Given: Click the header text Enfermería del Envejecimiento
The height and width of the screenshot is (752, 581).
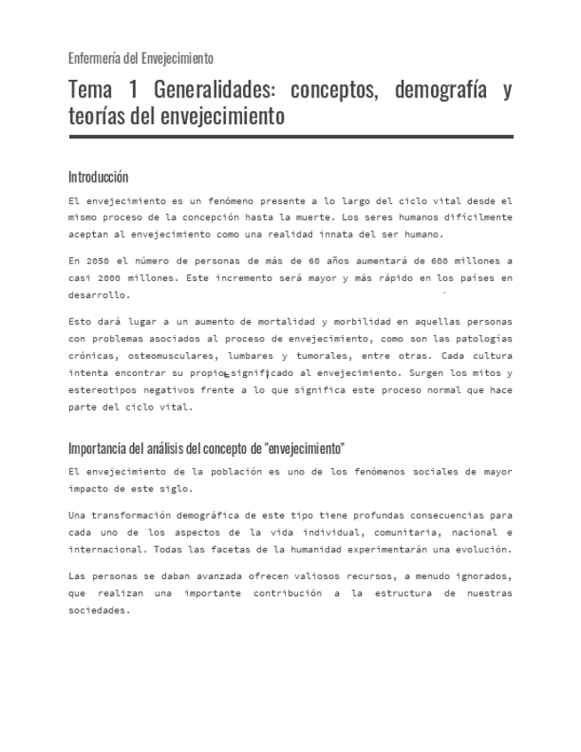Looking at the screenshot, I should coord(141,59).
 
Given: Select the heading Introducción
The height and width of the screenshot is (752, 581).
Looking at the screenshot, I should coord(98,176).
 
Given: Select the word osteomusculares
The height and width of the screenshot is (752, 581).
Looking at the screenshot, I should coord(165,355).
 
